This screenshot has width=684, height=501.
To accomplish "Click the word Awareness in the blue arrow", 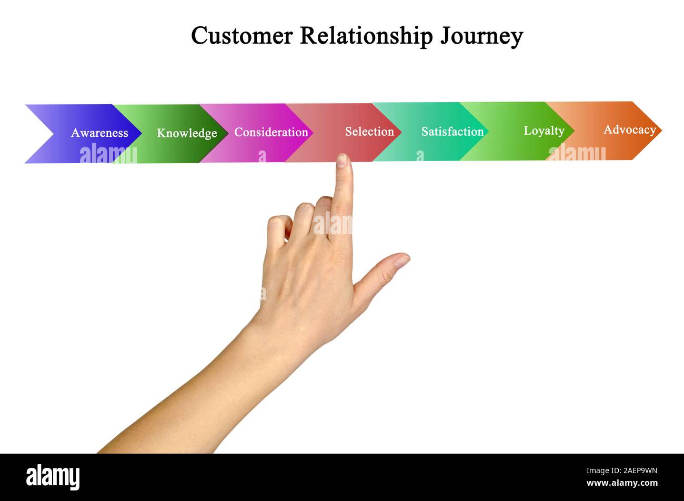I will (99, 133).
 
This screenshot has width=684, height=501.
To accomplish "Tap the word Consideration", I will (271, 133).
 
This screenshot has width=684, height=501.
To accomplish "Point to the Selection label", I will (369, 132).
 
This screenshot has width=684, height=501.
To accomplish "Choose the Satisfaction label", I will (452, 132).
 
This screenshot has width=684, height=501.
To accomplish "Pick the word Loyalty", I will (544, 131).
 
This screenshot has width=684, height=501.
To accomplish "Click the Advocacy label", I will (630, 129).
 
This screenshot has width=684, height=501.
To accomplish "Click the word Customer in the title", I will (242, 36).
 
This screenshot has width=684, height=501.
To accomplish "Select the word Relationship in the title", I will (366, 36).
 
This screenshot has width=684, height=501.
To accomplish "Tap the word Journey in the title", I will (481, 36).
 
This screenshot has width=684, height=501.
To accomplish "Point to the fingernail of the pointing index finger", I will (342, 161).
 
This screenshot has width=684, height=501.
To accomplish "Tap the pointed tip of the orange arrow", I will (661, 131).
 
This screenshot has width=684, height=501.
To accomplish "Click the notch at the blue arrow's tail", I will (53, 134).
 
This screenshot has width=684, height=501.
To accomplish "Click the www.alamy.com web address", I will (622, 483).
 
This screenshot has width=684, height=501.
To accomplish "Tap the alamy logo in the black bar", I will (53, 477).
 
